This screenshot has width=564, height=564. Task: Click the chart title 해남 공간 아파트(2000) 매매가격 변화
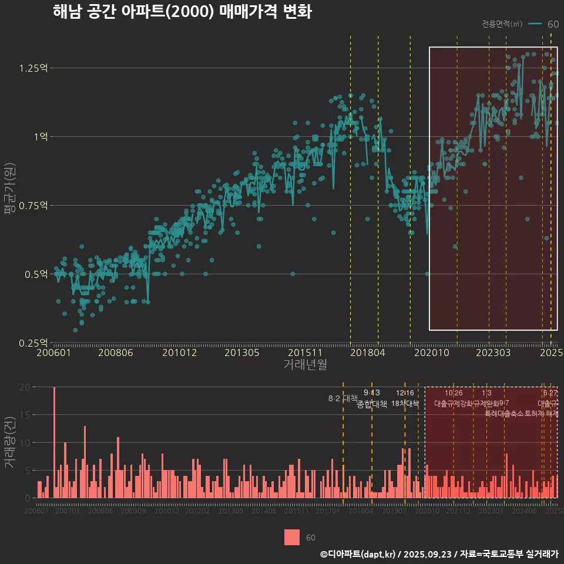click(x=182, y=12)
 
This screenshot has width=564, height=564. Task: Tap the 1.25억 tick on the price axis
click(x=33, y=68)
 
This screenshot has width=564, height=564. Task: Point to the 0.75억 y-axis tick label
click(x=33, y=205)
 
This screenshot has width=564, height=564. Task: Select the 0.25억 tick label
click(x=33, y=343)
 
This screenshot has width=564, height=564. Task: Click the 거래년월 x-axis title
click(x=305, y=365)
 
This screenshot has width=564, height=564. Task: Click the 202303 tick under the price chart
click(x=492, y=353)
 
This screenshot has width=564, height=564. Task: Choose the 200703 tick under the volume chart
click(x=67, y=512)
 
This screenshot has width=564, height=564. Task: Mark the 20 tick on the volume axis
click(x=25, y=387)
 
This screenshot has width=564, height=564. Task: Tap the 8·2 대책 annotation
click(x=343, y=398)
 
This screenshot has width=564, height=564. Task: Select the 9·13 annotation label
click(x=372, y=392)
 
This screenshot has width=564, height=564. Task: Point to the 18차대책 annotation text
click(x=405, y=404)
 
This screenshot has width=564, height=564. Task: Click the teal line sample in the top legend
click(x=535, y=24)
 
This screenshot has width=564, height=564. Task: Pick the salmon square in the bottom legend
click(x=292, y=538)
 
